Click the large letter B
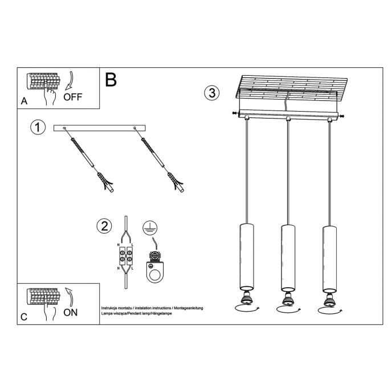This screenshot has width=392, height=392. [111, 79]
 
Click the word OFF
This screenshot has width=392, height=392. [73, 96]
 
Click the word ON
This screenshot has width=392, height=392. [71, 312]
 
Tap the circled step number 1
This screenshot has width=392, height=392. [37, 127]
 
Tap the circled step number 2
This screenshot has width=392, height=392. [104, 226]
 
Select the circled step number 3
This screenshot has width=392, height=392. [211, 93]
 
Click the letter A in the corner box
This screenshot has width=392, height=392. [24, 101]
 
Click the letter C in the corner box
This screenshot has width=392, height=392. [24, 317]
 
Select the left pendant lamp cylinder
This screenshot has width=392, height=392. [246, 256]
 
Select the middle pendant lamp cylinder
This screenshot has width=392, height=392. [287, 256]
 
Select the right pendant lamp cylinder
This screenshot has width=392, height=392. [328, 256]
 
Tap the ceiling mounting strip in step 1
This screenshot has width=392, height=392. [100, 129]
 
